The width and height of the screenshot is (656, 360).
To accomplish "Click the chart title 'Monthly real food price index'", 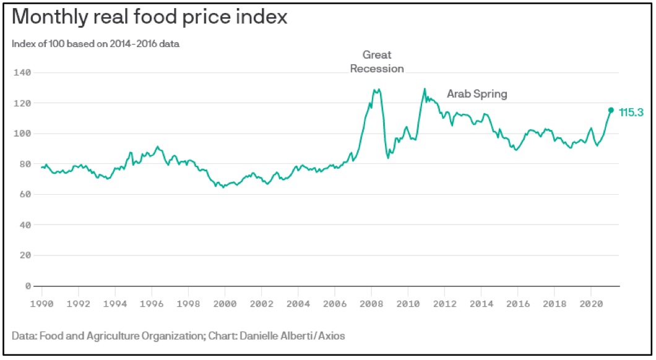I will tap(149, 17).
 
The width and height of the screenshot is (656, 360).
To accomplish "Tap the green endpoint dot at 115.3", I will tap(611, 110).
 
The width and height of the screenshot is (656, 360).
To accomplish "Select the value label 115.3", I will tap(631, 113).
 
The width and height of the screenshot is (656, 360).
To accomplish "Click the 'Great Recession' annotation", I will tap(377, 62).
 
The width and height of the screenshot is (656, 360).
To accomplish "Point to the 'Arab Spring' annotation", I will tap(477, 94).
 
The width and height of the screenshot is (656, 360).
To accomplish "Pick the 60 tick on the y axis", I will tap(25, 194).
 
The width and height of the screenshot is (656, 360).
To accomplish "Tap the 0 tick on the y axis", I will tap(27, 286).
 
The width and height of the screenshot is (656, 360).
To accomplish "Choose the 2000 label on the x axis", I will tap(225, 304).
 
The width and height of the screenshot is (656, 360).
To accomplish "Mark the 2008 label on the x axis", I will tap(371, 304).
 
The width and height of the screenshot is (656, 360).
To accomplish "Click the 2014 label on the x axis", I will tap(481, 304).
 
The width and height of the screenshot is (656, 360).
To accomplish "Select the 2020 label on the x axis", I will tap(590, 304).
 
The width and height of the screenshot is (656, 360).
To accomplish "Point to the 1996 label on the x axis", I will tap(152, 304).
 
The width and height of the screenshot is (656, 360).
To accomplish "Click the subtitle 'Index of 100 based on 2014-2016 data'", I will tap(96, 43).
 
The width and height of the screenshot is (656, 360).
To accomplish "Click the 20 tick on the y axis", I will tap(25, 255).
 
